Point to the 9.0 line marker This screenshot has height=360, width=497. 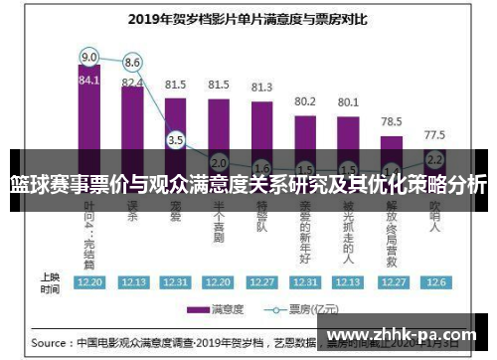coord(89,56)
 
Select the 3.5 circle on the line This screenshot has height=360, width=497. coord(176,140)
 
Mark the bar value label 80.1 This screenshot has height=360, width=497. coord(348,101)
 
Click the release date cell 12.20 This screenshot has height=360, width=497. coord(89,281)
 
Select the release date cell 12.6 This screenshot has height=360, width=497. coord(434,281)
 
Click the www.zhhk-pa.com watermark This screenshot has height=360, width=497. coord(402,336)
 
